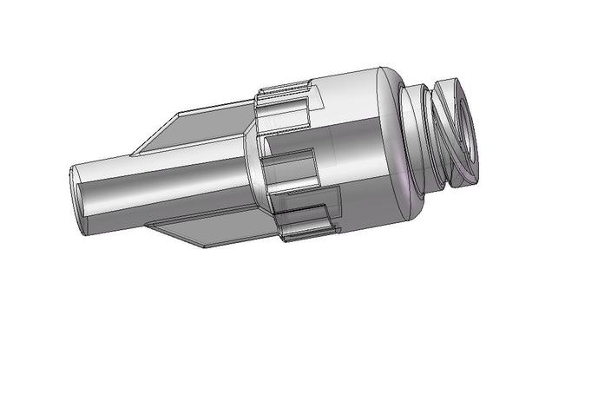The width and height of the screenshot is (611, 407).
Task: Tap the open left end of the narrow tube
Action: pos(76,200)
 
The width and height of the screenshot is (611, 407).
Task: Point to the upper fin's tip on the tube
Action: pos(135,154)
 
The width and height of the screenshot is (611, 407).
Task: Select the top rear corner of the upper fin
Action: pos(253,108)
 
